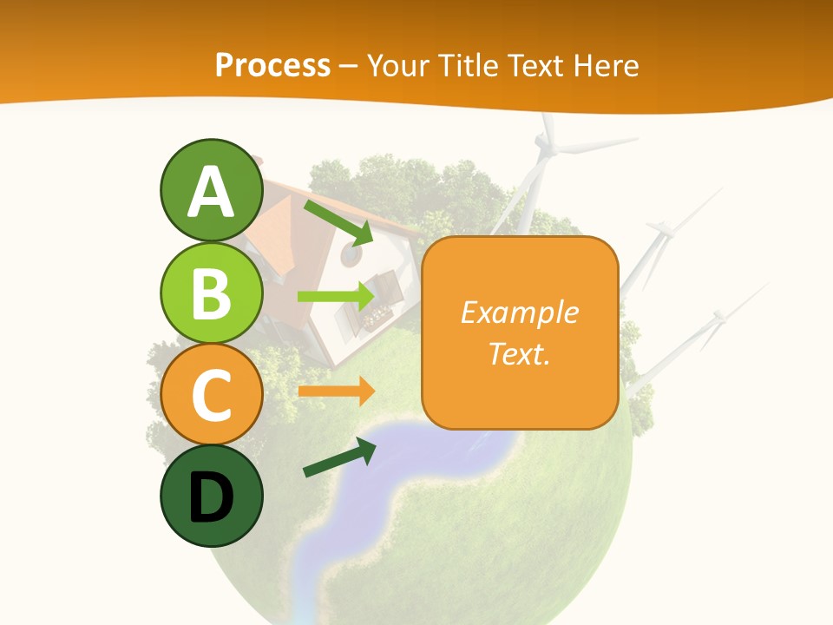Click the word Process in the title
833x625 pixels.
point(272,66)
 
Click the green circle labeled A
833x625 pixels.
point(212,191)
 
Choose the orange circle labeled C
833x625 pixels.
point(212,394)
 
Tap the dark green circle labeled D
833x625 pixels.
point(212,496)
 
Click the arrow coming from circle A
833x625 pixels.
point(339,222)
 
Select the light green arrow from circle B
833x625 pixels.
point(336,296)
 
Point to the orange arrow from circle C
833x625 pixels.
point(336,391)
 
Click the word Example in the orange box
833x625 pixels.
point(519,312)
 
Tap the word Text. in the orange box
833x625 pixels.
point(519,353)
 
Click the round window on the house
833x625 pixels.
point(351,255)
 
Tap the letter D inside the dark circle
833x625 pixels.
point(212,498)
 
